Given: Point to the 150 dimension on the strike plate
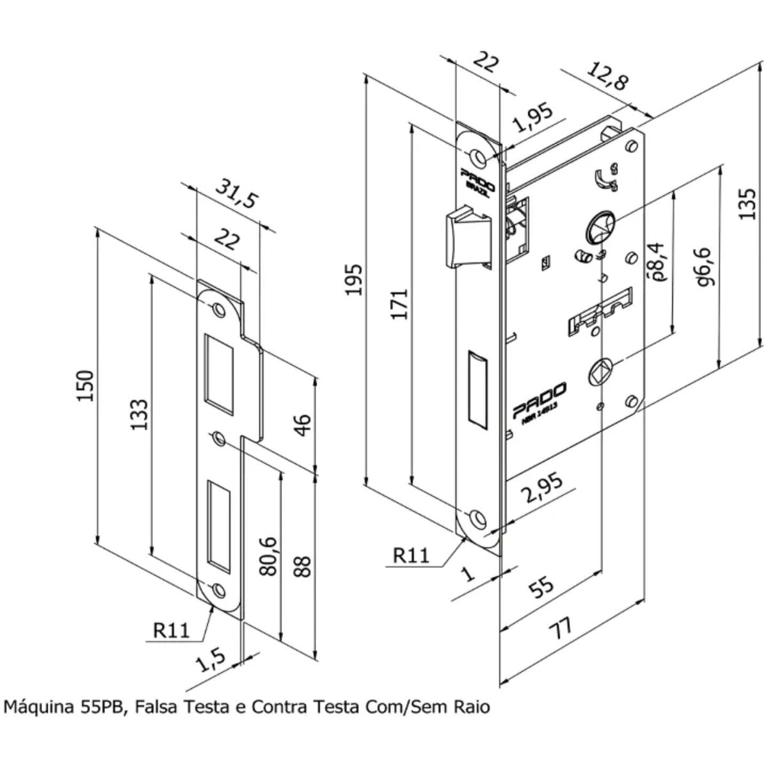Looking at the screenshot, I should click(87, 385).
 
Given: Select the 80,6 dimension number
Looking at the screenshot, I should click(269, 556).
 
